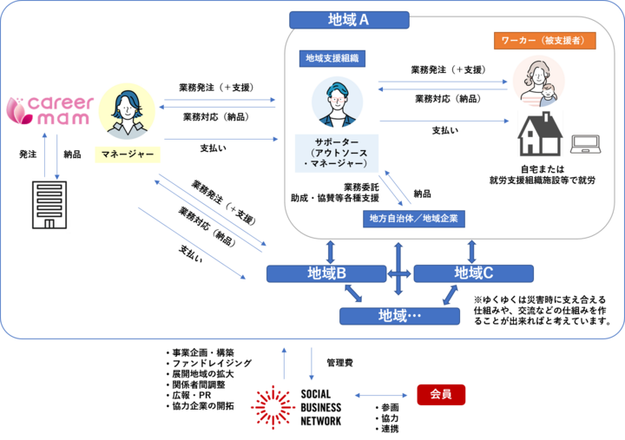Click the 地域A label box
349,20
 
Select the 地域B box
326,274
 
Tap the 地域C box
473,274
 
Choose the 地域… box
399,316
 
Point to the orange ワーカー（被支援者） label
544,41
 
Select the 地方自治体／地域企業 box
414,219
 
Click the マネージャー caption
128,154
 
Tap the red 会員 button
441,395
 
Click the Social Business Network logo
296,407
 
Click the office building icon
48,204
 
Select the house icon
540,135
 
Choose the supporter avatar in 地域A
336,102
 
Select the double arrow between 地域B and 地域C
400,274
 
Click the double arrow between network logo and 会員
381,396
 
